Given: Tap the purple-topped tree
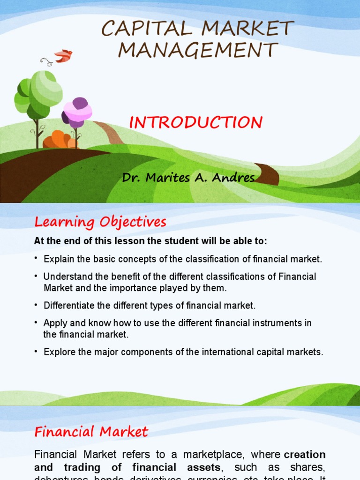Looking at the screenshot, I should click(x=77, y=112).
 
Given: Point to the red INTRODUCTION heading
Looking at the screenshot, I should click(x=195, y=123).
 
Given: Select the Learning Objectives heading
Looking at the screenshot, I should click(x=100, y=222).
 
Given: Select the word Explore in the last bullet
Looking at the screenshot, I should click(x=58, y=352).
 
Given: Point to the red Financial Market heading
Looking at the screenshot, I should click(x=91, y=431).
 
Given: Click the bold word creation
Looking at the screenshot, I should click(x=305, y=455).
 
